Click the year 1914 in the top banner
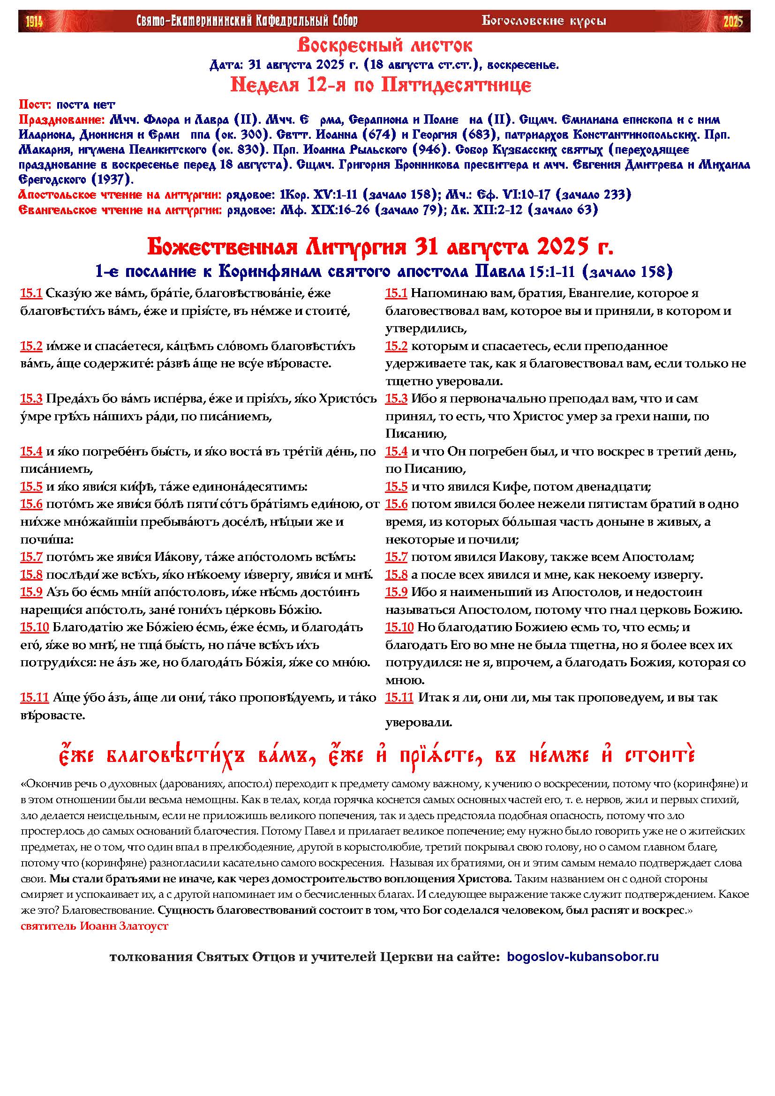click(33, 22)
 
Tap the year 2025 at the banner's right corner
click(733, 22)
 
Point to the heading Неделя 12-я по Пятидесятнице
click(381, 85)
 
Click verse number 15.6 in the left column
click(31, 504)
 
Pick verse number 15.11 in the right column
click(399, 698)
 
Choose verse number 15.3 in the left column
click(31, 399)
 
